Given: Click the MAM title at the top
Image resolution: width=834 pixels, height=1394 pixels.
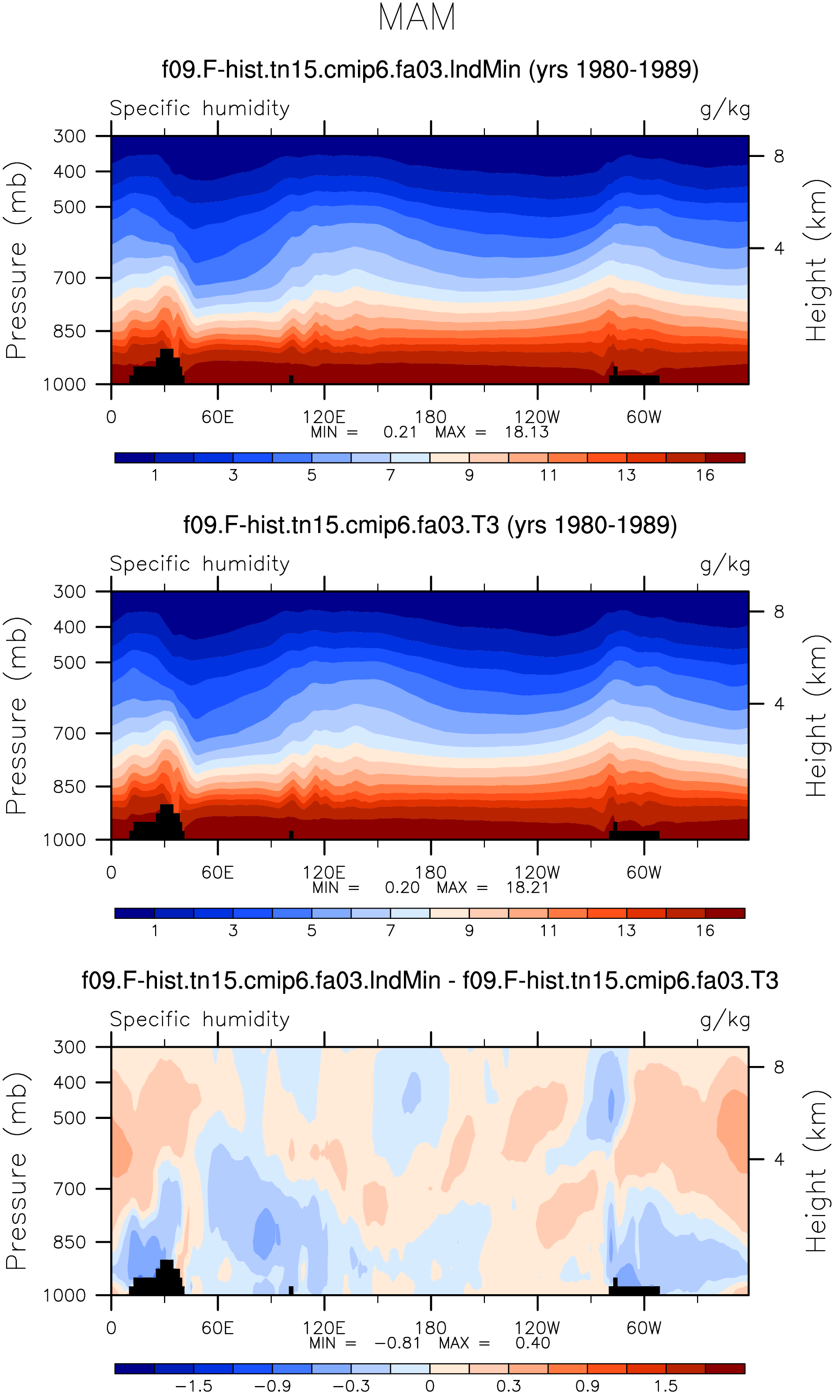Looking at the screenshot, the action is click(417, 17).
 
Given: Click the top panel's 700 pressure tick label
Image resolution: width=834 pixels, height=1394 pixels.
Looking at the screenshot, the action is click(70, 278).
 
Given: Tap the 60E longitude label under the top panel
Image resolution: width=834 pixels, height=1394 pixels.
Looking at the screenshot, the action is click(217, 417).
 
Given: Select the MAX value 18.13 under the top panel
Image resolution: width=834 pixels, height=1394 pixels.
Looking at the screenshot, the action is click(526, 432).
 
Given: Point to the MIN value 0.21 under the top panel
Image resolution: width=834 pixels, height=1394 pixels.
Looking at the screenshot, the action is click(400, 432).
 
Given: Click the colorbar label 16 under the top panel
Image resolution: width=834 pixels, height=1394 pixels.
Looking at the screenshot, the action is click(705, 475).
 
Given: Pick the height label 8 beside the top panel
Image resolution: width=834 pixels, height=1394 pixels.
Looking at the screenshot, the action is click(779, 156).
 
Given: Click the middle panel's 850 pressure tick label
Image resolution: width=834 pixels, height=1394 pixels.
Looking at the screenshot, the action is click(70, 787).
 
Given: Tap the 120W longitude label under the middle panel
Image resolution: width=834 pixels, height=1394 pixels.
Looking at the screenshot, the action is click(537, 872).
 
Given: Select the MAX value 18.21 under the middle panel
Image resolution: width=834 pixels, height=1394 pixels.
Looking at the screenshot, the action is click(527, 888).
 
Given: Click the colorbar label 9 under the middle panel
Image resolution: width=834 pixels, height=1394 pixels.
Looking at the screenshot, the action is click(469, 931).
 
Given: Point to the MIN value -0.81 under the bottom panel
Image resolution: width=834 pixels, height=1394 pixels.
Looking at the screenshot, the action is click(397, 1343).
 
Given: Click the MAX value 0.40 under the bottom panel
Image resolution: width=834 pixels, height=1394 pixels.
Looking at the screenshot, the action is click(533, 1343).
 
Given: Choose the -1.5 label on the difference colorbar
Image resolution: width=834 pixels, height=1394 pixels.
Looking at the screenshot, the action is click(194, 1387).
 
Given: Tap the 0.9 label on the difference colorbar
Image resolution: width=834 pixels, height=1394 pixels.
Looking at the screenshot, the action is click(587, 1387).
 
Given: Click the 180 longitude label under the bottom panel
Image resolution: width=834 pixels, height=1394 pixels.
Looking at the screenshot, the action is click(431, 1328).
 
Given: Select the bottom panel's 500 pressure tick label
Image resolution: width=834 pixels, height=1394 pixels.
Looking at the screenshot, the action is click(70, 1118).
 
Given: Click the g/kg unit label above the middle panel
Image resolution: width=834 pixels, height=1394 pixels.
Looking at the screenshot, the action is click(725, 565).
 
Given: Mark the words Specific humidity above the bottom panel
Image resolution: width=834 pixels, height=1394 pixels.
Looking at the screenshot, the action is click(200, 1020).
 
